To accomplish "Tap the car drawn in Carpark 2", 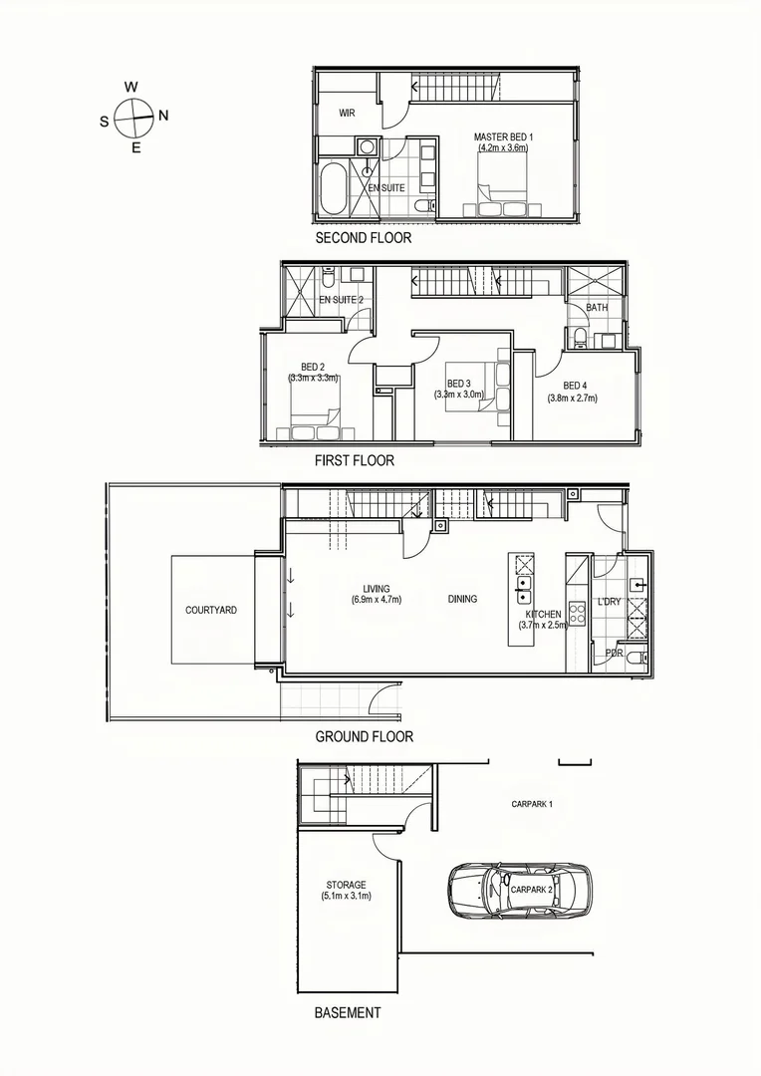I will click(519, 890).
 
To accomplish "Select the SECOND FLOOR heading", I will click(363, 239).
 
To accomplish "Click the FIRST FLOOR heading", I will click(354, 460).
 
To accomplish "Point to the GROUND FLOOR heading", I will click(364, 737).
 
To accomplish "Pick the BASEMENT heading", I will click(347, 1012).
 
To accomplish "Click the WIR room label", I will click(347, 114).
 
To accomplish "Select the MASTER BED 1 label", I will click(504, 136).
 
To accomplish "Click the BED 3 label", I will click(458, 384).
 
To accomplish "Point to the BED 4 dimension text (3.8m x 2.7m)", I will click(572, 399).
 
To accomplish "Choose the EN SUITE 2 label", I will click(341, 300).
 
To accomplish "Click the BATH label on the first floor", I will click(597, 308).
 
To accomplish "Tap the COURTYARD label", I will click(211, 610).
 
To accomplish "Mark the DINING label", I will click(462, 599).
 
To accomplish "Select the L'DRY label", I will click(609, 602).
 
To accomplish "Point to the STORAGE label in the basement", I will click(346, 885).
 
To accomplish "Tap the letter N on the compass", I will click(163, 116).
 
